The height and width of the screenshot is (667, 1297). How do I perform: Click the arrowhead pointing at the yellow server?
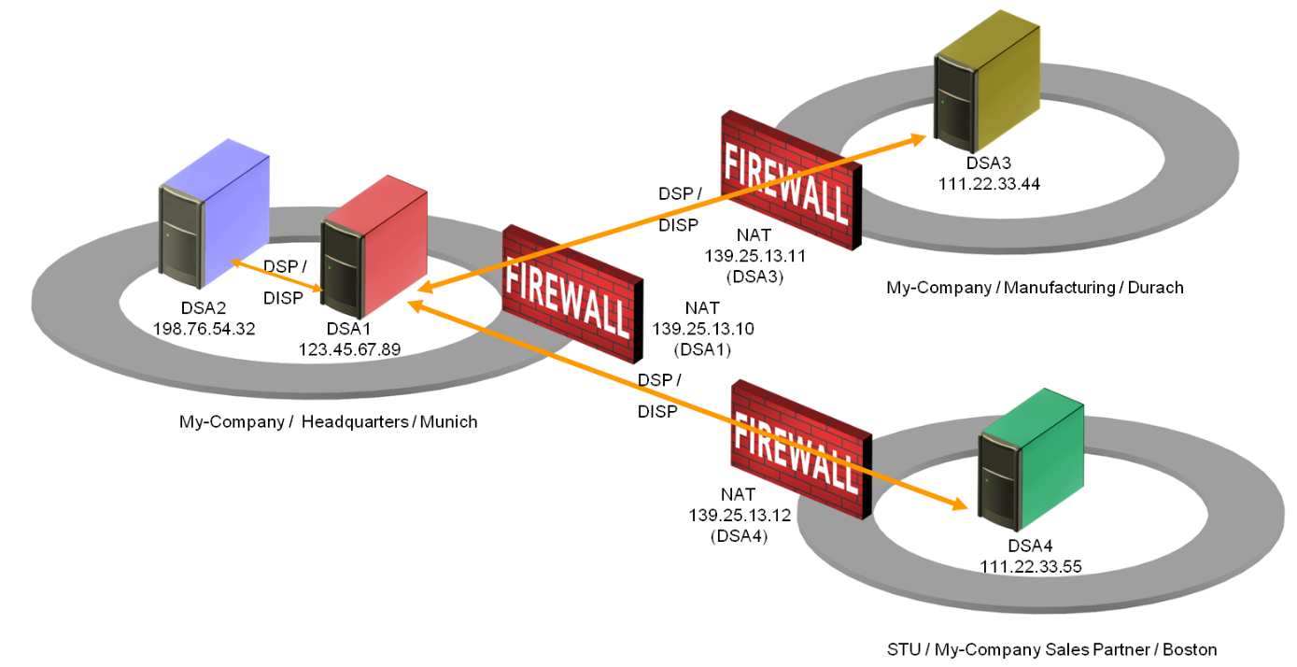point(919,137)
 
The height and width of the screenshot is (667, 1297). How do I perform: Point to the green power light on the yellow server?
point(943,101)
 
